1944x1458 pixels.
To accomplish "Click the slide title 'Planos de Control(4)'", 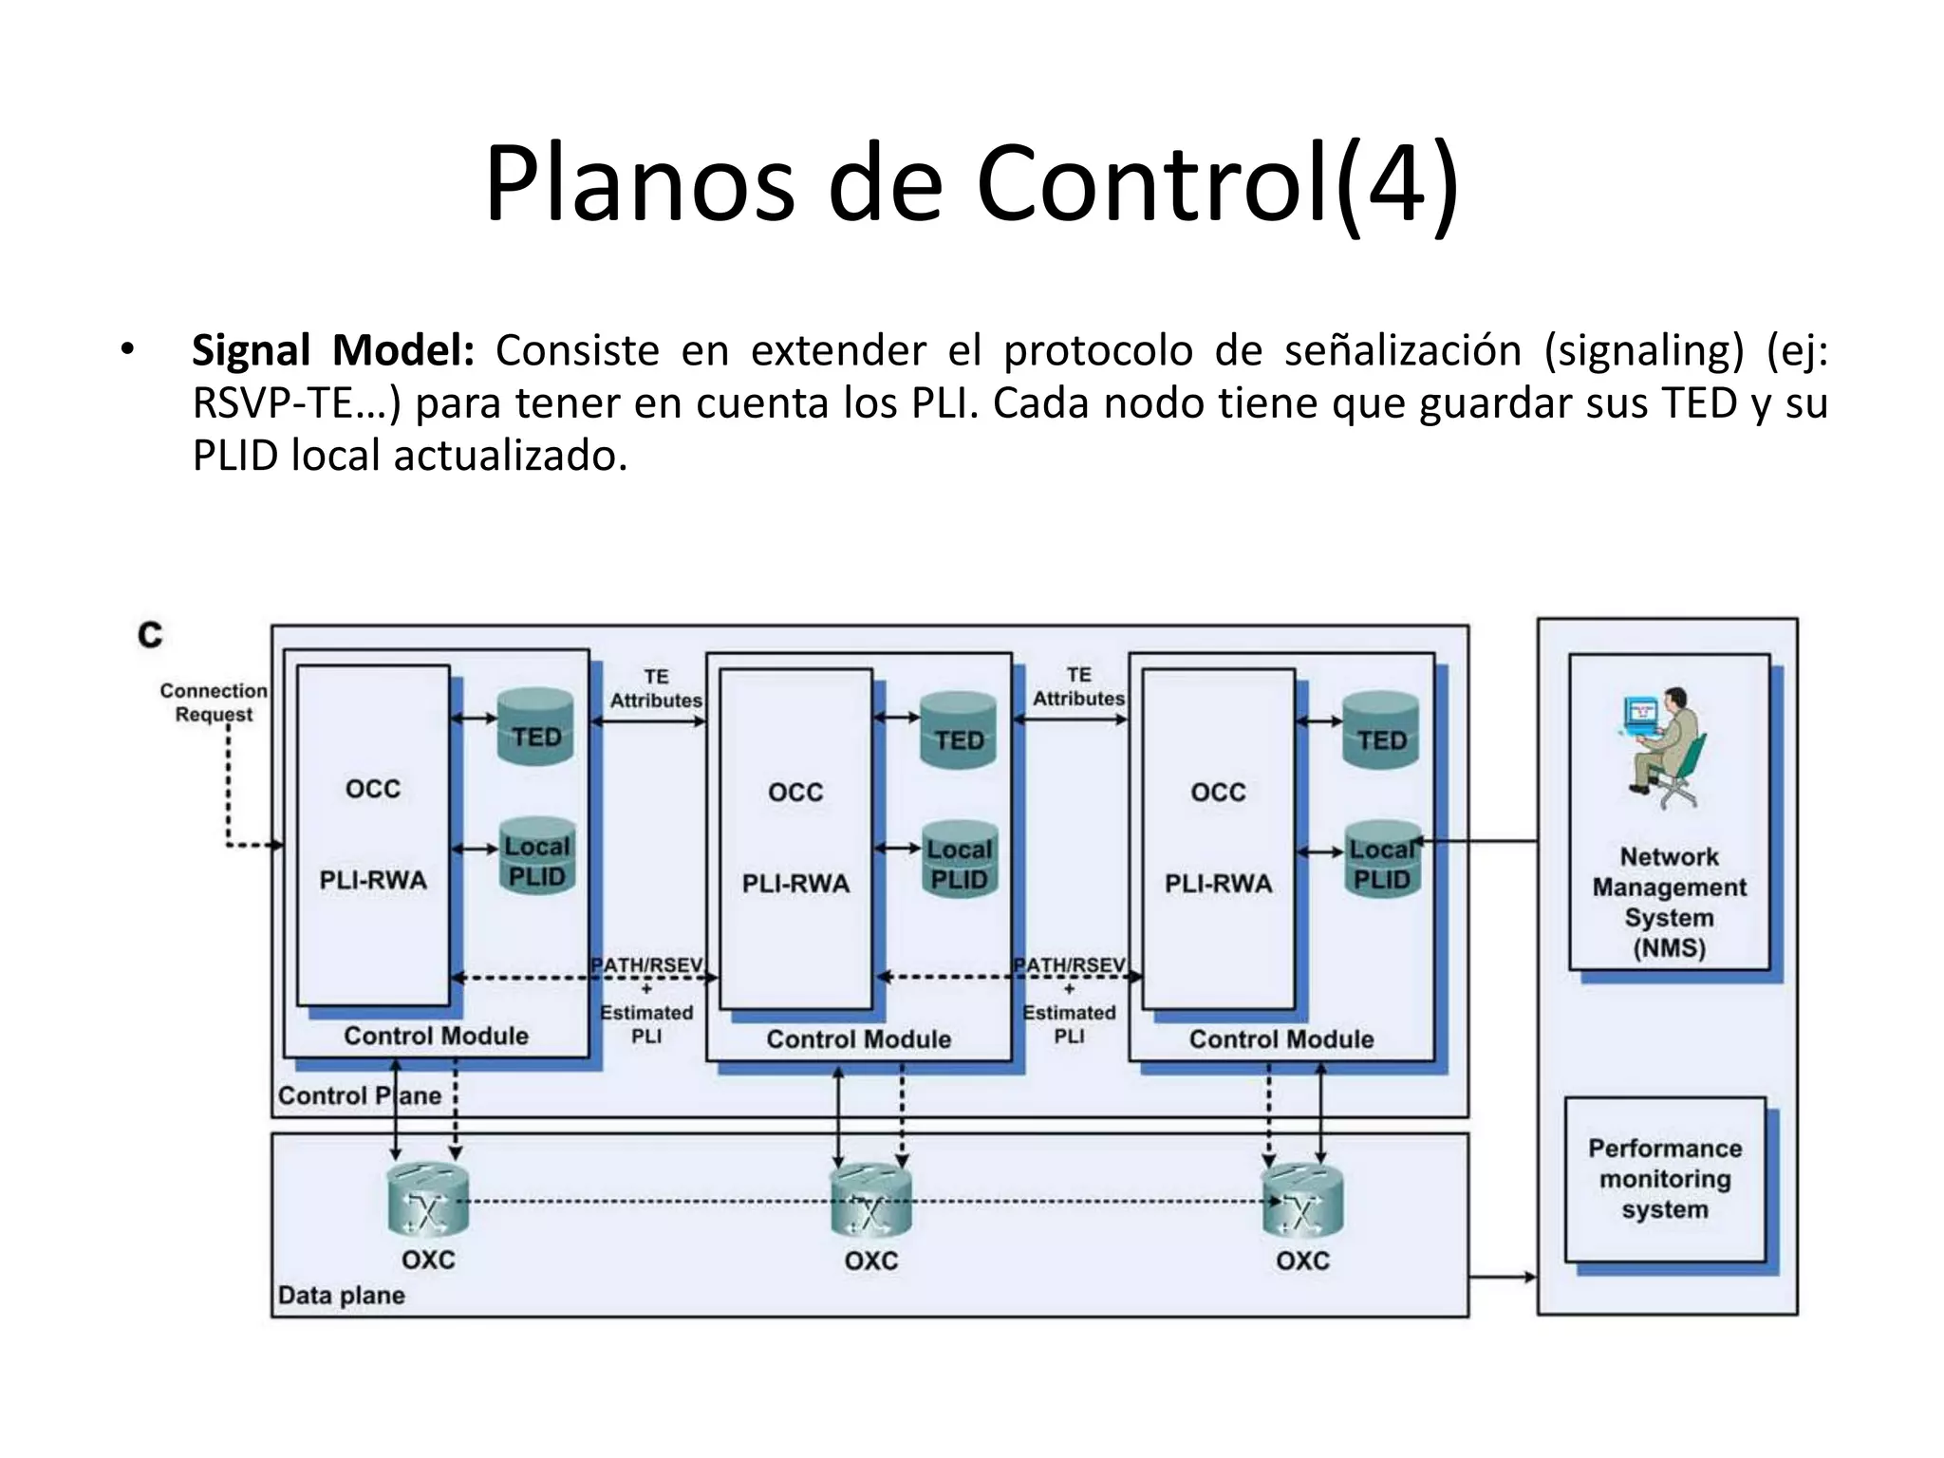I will click(x=971, y=182).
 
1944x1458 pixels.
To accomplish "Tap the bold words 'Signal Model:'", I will click(x=332, y=350).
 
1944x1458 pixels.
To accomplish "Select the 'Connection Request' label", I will click(x=214, y=702).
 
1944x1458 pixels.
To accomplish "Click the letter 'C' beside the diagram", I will click(x=150, y=634).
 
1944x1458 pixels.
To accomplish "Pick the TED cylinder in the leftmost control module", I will click(x=536, y=727).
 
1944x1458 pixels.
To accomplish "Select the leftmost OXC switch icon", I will click(x=428, y=1201).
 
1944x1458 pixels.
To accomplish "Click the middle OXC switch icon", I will click(x=870, y=1202).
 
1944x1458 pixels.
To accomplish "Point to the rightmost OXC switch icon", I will click(x=1302, y=1202).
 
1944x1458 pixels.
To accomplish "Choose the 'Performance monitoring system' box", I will click(x=1665, y=1179).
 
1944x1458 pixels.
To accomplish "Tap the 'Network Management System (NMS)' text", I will click(x=1669, y=902).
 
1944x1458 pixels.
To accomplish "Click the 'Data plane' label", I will click(x=341, y=1296).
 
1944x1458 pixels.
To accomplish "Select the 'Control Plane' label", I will click(x=359, y=1095).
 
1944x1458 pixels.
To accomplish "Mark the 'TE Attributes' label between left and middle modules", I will click(x=656, y=688).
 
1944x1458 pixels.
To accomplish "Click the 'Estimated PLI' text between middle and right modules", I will click(x=1069, y=1024).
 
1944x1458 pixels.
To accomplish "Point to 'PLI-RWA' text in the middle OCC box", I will click(x=795, y=884).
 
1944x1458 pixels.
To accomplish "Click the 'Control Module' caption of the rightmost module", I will click(x=1280, y=1039).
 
